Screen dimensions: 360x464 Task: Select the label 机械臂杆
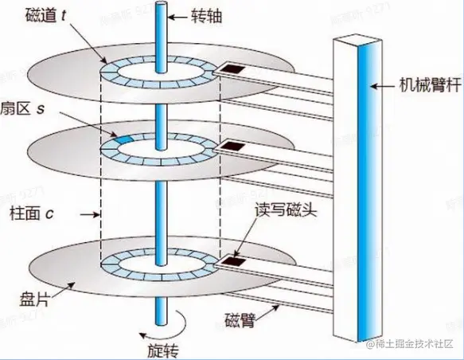click(427, 84)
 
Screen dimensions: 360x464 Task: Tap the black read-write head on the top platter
click(232, 70)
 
